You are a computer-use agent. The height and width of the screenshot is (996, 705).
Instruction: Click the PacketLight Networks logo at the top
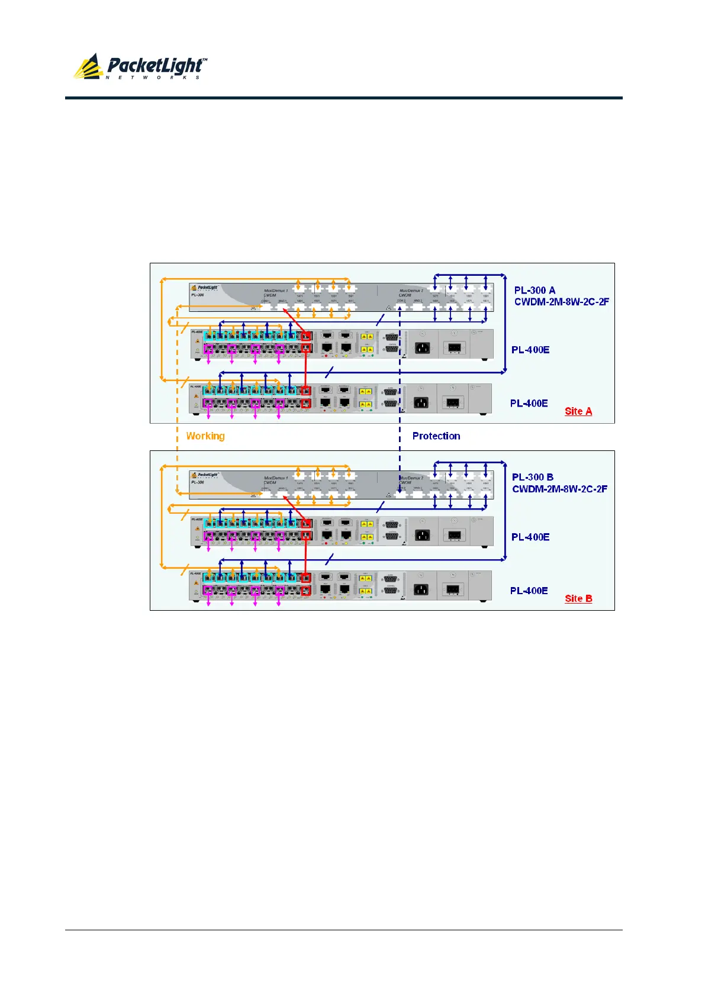(141, 67)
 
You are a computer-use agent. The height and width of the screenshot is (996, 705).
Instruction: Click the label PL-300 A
(535, 290)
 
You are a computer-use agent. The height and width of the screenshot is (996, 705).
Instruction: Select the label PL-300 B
(533, 477)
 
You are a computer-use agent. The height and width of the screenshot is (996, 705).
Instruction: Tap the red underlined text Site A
(578, 411)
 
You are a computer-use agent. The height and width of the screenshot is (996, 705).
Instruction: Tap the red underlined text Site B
(578, 598)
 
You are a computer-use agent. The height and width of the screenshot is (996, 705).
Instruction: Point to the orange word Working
(205, 436)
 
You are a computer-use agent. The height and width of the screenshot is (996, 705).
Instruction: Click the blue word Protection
(436, 436)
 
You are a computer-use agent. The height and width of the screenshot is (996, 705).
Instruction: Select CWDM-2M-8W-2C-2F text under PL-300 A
(561, 302)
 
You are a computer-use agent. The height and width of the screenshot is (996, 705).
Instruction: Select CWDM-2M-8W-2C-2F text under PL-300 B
(559, 489)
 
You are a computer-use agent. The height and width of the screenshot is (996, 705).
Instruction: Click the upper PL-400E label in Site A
(530, 350)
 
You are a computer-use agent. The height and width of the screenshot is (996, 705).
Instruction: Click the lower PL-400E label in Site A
(529, 403)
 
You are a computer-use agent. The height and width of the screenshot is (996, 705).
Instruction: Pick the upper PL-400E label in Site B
(530, 537)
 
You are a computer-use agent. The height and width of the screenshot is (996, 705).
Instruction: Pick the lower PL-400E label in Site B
(529, 591)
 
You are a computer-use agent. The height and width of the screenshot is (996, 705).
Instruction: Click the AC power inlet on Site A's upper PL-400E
(421, 347)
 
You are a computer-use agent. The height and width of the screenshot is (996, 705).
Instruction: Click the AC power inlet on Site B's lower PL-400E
(420, 589)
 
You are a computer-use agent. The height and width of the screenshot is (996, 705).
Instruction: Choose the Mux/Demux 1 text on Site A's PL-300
(276, 291)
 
